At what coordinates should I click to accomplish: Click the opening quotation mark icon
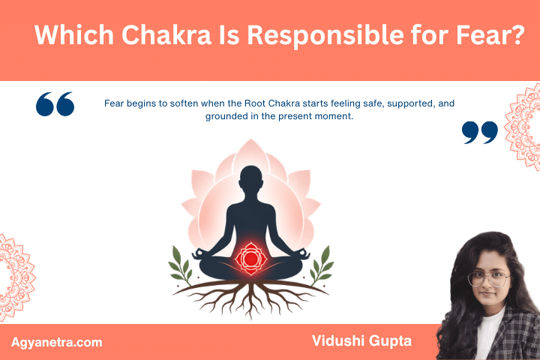[55, 104]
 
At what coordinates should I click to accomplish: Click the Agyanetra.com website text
[57, 342]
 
